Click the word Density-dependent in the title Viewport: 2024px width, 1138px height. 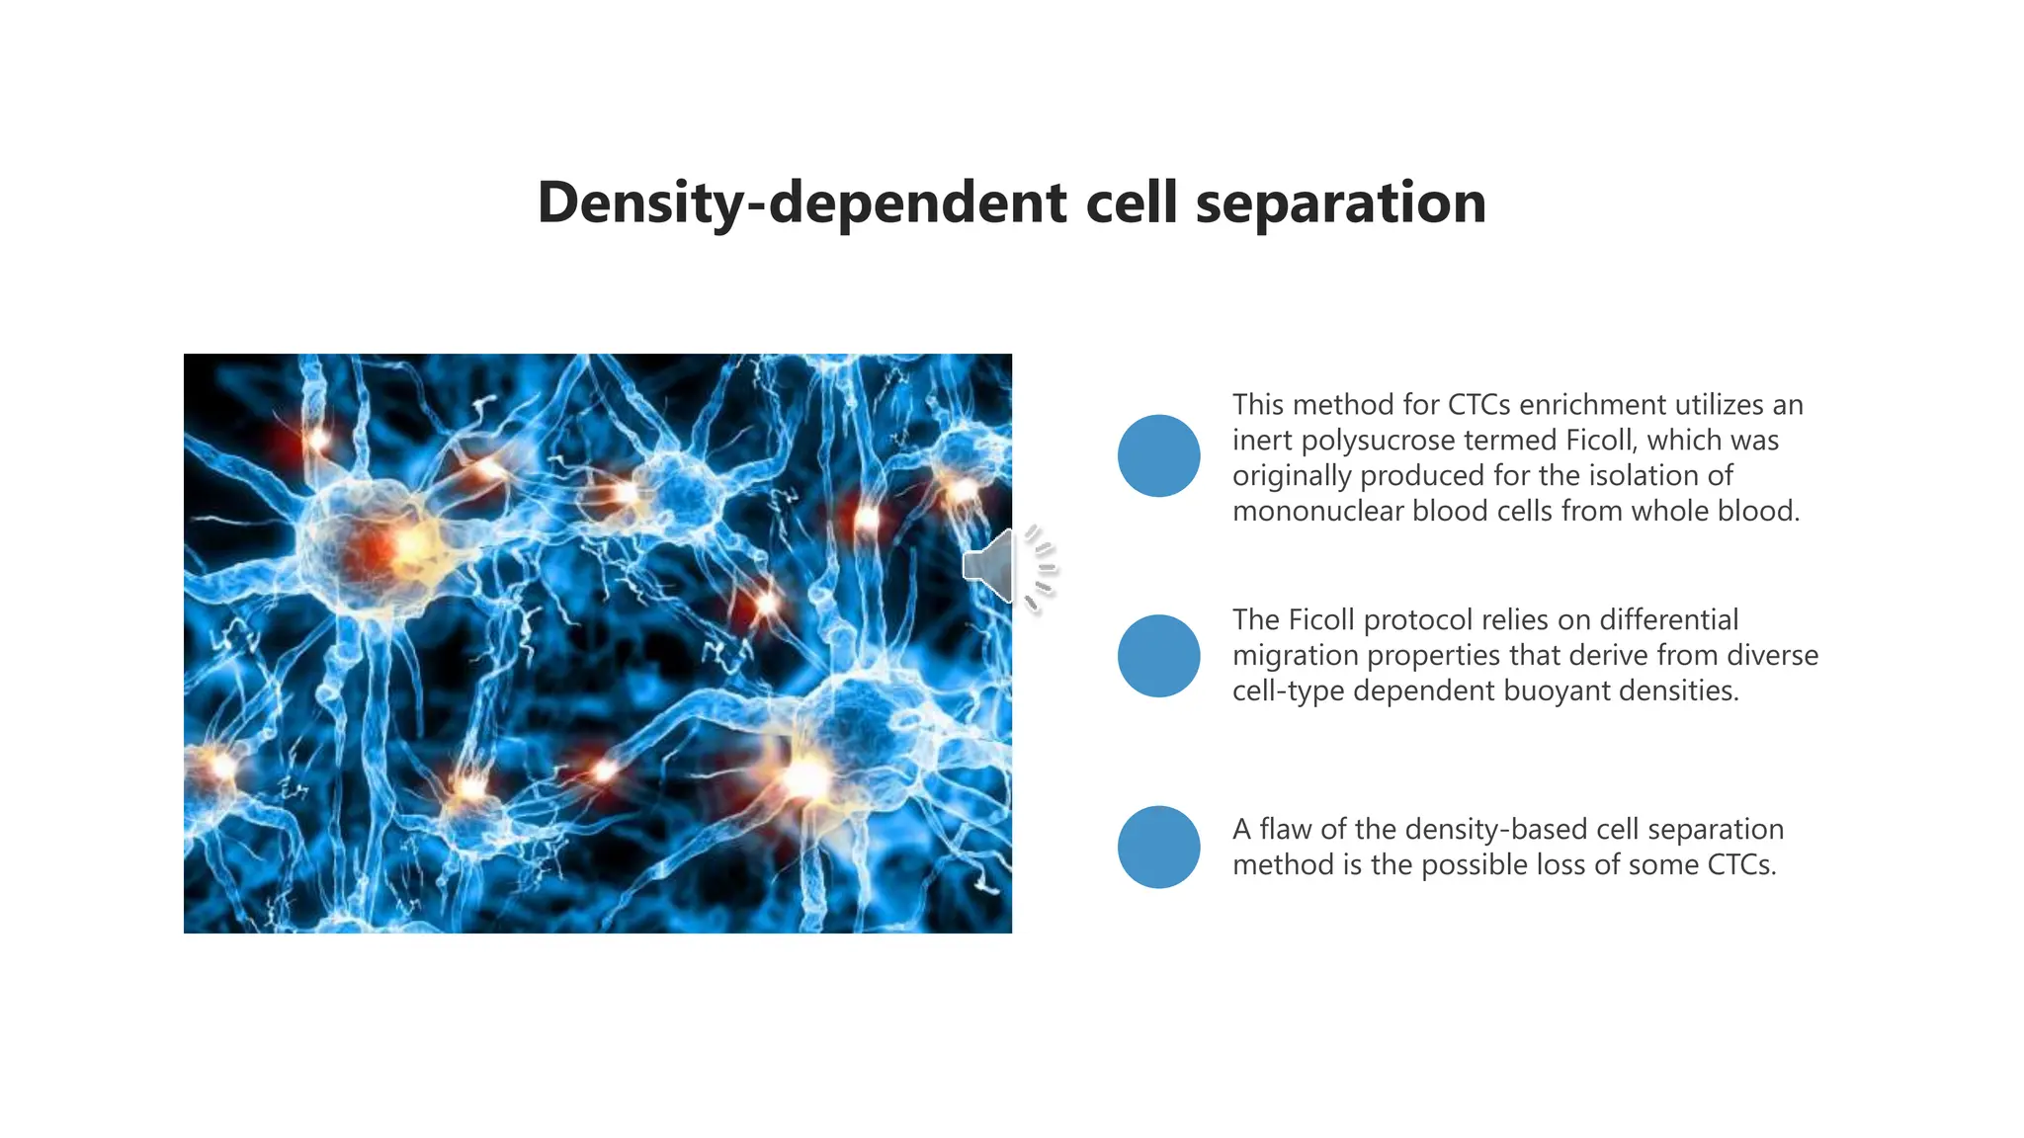(x=801, y=203)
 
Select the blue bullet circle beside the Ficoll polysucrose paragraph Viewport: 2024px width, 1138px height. (x=1158, y=455)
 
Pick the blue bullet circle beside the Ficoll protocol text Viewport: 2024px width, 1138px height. (x=1158, y=656)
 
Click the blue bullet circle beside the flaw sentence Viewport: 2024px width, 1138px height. (x=1158, y=847)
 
